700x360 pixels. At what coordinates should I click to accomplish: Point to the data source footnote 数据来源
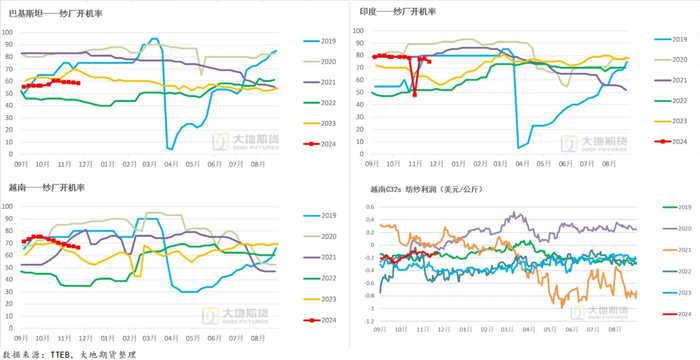click(70, 353)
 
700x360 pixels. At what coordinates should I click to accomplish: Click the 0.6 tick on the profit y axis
click(367, 207)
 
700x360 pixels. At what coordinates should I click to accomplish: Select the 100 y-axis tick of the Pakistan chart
click(8, 31)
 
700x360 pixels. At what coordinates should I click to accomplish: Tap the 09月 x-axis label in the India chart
click(371, 163)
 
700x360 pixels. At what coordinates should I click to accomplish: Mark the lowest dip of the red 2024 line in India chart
click(414, 94)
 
